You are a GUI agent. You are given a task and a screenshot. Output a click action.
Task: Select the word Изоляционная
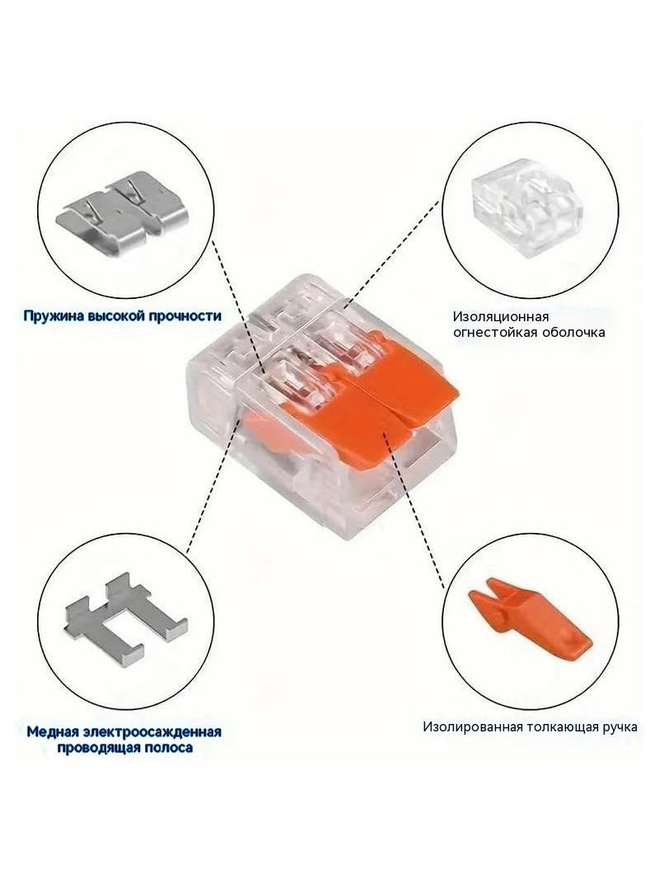coord(501,317)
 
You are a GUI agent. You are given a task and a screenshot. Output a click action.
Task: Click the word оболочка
coord(573,332)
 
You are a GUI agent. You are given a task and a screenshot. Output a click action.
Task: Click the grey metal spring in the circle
coord(119,212)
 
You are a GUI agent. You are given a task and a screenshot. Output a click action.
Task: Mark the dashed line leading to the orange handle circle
coord(415,511)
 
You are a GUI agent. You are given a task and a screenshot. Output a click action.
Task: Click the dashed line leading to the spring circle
coord(240,306)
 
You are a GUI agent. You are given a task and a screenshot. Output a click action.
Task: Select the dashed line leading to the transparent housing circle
coord(392,254)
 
